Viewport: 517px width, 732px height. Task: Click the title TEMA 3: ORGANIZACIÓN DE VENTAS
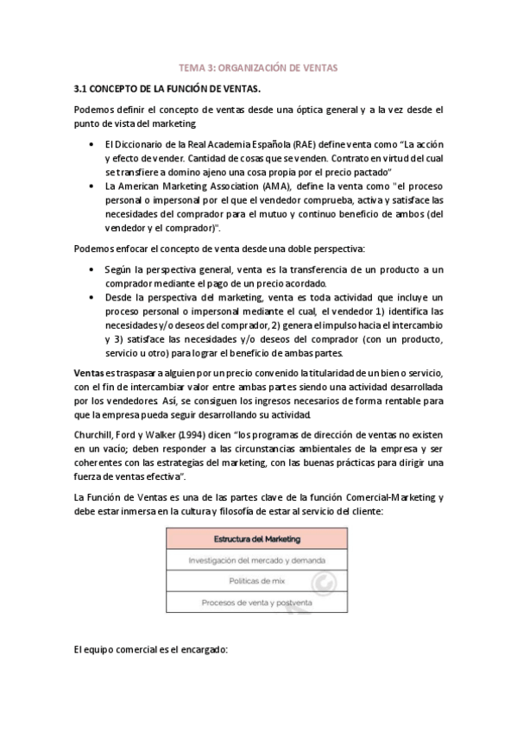(258, 66)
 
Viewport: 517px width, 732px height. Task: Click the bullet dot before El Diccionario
(91, 144)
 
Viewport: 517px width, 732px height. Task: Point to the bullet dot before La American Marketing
(91, 186)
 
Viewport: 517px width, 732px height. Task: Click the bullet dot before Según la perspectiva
(91, 270)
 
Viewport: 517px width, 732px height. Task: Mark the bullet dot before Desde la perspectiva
(91, 298)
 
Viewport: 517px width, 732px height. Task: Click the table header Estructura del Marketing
(257, 540)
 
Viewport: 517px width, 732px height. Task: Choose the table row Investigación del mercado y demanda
(257, 560)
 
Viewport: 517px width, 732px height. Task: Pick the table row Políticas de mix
(257, 581)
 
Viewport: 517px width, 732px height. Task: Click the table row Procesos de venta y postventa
(257, 602)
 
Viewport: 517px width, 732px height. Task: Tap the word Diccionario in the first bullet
(143, 144)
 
